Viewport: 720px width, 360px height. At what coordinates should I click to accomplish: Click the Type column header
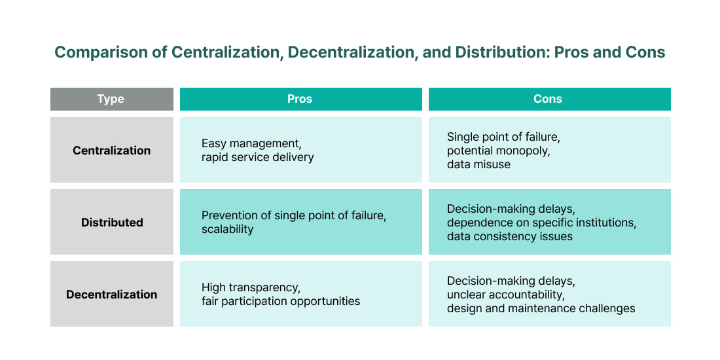pyautogui.click(x=111, y=99)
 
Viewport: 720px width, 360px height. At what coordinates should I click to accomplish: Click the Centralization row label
pyautogui.click(x=111, y=151)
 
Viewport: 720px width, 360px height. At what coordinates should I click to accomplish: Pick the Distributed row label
pyautogui.click(x=112, y=223)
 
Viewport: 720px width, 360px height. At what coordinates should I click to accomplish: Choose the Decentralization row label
pyautogui.click(x=111, y=295)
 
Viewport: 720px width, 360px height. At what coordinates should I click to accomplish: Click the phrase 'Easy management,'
pyautogui.click(x=251, y=144)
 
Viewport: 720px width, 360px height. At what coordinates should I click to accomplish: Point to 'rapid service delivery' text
pyautogui.click(x=258, y=157)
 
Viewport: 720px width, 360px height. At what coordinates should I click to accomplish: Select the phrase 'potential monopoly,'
pyautogui.click(x=498, y=151)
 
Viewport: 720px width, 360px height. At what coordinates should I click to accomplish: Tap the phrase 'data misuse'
pyautogui.click(x=478, y=164)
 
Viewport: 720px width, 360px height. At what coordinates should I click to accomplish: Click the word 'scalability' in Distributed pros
pyautogui.click(x=227, y=229)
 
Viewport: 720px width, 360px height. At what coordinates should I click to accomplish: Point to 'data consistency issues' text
pyautogui.click(x=510, y=236)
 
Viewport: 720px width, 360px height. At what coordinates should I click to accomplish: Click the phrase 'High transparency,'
pyautogui.click(x=251, y=288)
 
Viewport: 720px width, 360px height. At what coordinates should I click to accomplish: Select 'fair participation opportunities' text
pyautogui.click(x=281, y=301)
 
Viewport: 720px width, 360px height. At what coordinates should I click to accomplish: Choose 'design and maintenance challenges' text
pyautogui.click(x=541, y=308)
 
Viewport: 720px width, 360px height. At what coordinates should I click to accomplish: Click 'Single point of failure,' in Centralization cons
pyautogui.click(x=503, y=137)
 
